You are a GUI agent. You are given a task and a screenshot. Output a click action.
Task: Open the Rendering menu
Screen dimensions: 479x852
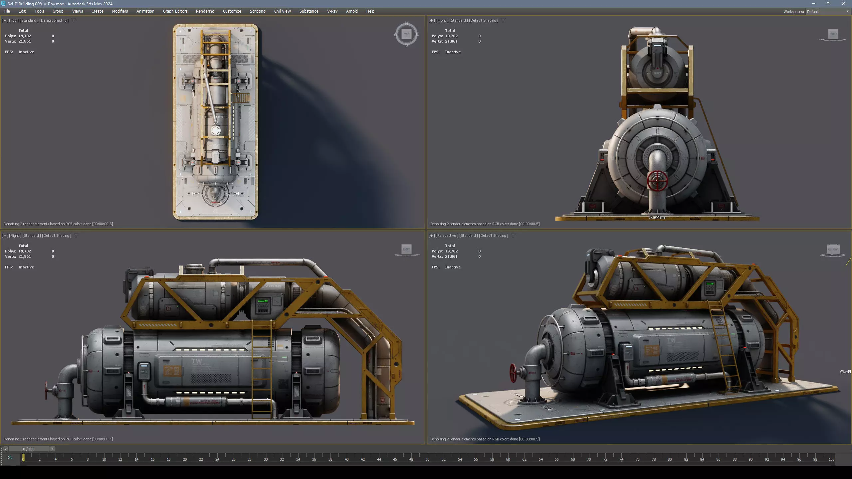pyautogui.click(x=205, y=11)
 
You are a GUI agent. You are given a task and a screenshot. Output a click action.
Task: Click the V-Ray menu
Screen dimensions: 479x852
pyautogui.click(x=332, y=11)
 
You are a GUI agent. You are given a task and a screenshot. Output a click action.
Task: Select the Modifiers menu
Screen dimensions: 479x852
pyautogui.click(x=120, y=11)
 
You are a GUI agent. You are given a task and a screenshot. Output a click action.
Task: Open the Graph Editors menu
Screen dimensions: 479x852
pyautogui.click(x=175, y=11)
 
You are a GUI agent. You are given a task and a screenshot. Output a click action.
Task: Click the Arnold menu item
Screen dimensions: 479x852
pyautogui.click(x=351, y=11)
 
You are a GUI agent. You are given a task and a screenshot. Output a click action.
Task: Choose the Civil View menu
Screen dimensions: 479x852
pyautogui.click(x=282, y=11)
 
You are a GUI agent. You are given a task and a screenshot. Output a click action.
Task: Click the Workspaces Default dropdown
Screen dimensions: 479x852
pyautogui.click(x=827, y=12)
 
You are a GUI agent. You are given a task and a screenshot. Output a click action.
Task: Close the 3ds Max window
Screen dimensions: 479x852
pyautogui.click(x=843, y=4)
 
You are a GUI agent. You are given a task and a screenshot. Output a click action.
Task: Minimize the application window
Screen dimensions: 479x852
pyautogui.click(x=813, y=4)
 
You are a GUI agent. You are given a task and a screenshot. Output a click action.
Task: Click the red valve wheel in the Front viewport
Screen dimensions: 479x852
pyautogui.click(x=657, y=181)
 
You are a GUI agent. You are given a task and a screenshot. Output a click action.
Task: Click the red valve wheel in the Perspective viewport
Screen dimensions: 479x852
pyautogui.click(x=513, y=373)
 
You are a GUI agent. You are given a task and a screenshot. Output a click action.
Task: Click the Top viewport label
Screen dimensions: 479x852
pyautogui.click(x=14, y=20)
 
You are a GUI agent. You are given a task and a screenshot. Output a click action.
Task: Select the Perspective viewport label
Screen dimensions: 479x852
pyautogui.click(x=447, y=236)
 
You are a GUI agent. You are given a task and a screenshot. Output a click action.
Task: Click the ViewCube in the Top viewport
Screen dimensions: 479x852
pyautogui.click(x=406, y=34)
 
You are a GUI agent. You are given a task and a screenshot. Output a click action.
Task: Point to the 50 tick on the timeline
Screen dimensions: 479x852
pyautogui.click(x=427, y=459)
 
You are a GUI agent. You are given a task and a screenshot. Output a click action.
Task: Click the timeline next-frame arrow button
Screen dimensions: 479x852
pyautogui.click(x=52, y=449)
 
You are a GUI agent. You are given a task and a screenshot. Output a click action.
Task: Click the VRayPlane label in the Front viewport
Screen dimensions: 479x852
pyautogui.click(x=657, y=217)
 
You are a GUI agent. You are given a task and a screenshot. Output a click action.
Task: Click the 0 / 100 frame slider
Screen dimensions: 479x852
pyautogui.click(x=29, y=449)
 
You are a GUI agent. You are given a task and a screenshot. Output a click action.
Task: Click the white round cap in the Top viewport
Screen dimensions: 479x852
pyautogui.click(x=215, y=130)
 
